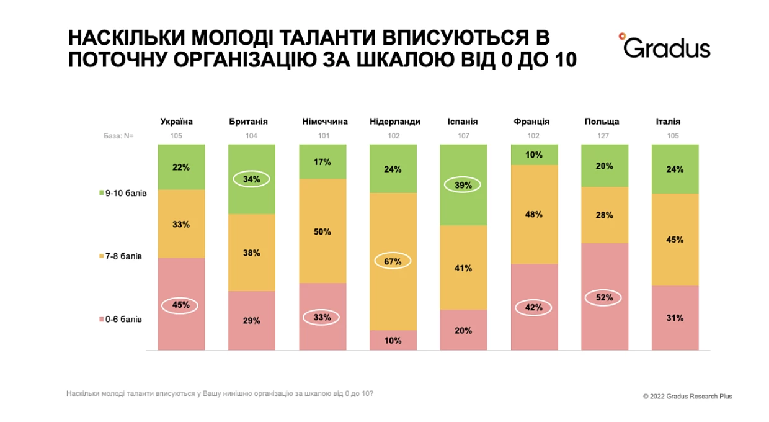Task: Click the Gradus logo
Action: [664, 46]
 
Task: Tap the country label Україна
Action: [177, 122]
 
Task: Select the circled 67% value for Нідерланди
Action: [393, 261]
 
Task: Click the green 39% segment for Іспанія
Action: [463, 185]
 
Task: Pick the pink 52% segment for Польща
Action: [605, 297]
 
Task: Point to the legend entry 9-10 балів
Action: [123, 193]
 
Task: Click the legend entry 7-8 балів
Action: [120, 256]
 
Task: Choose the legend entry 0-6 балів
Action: [120, 320]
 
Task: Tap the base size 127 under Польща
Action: [603, 136]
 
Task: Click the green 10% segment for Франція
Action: [534, 155]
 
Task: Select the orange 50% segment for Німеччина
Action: [322, 231]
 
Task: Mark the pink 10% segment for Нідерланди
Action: [393, 340]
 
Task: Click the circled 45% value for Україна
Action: [180, 305]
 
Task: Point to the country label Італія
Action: [668, 122]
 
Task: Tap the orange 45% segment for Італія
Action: [675, 240]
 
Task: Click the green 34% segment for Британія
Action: [252, 179]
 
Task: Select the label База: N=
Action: [118, 136]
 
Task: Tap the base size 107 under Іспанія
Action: [463, 136]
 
